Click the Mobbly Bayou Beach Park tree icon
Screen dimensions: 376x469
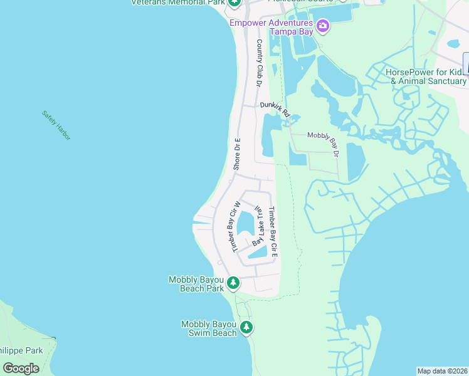coord(233,283)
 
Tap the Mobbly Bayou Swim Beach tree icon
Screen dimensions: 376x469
coord(246,327)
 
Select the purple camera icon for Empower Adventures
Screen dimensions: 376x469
coord(323,26)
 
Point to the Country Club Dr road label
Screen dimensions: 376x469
coord(258,63)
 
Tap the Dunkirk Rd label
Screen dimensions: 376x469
coord(275,110)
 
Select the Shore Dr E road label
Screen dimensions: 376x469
coord(237,154)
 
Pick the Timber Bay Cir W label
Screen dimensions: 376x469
coord(236,226)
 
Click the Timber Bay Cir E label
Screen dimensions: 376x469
coord(273,233)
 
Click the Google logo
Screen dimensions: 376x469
coord(21,368)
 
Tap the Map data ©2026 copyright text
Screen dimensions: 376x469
coord(442,371)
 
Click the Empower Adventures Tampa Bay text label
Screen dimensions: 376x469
coord(272,27)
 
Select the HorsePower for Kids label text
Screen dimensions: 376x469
coord(426,76)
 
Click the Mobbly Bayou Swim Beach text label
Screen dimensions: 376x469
coord(209,328)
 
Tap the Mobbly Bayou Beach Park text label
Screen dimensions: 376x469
coord(196,284)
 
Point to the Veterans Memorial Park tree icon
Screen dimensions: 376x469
coord(234,3)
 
